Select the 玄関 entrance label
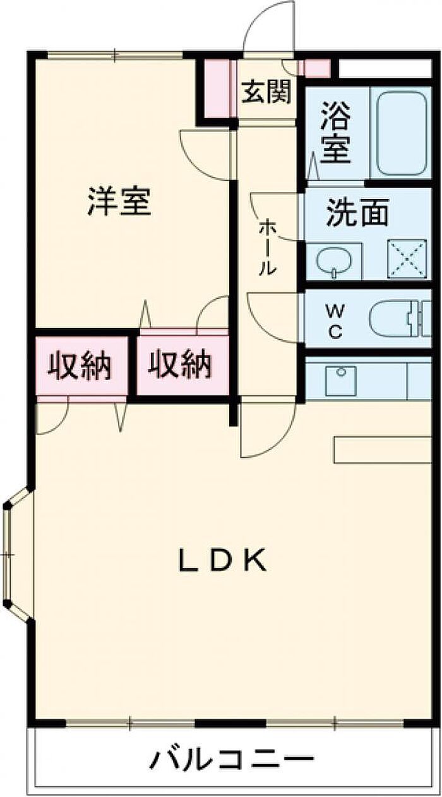click(266, 92)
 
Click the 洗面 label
click(357, 214)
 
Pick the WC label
click(335, 321)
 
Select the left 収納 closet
click(80, 365)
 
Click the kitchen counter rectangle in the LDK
click(383, 449)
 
